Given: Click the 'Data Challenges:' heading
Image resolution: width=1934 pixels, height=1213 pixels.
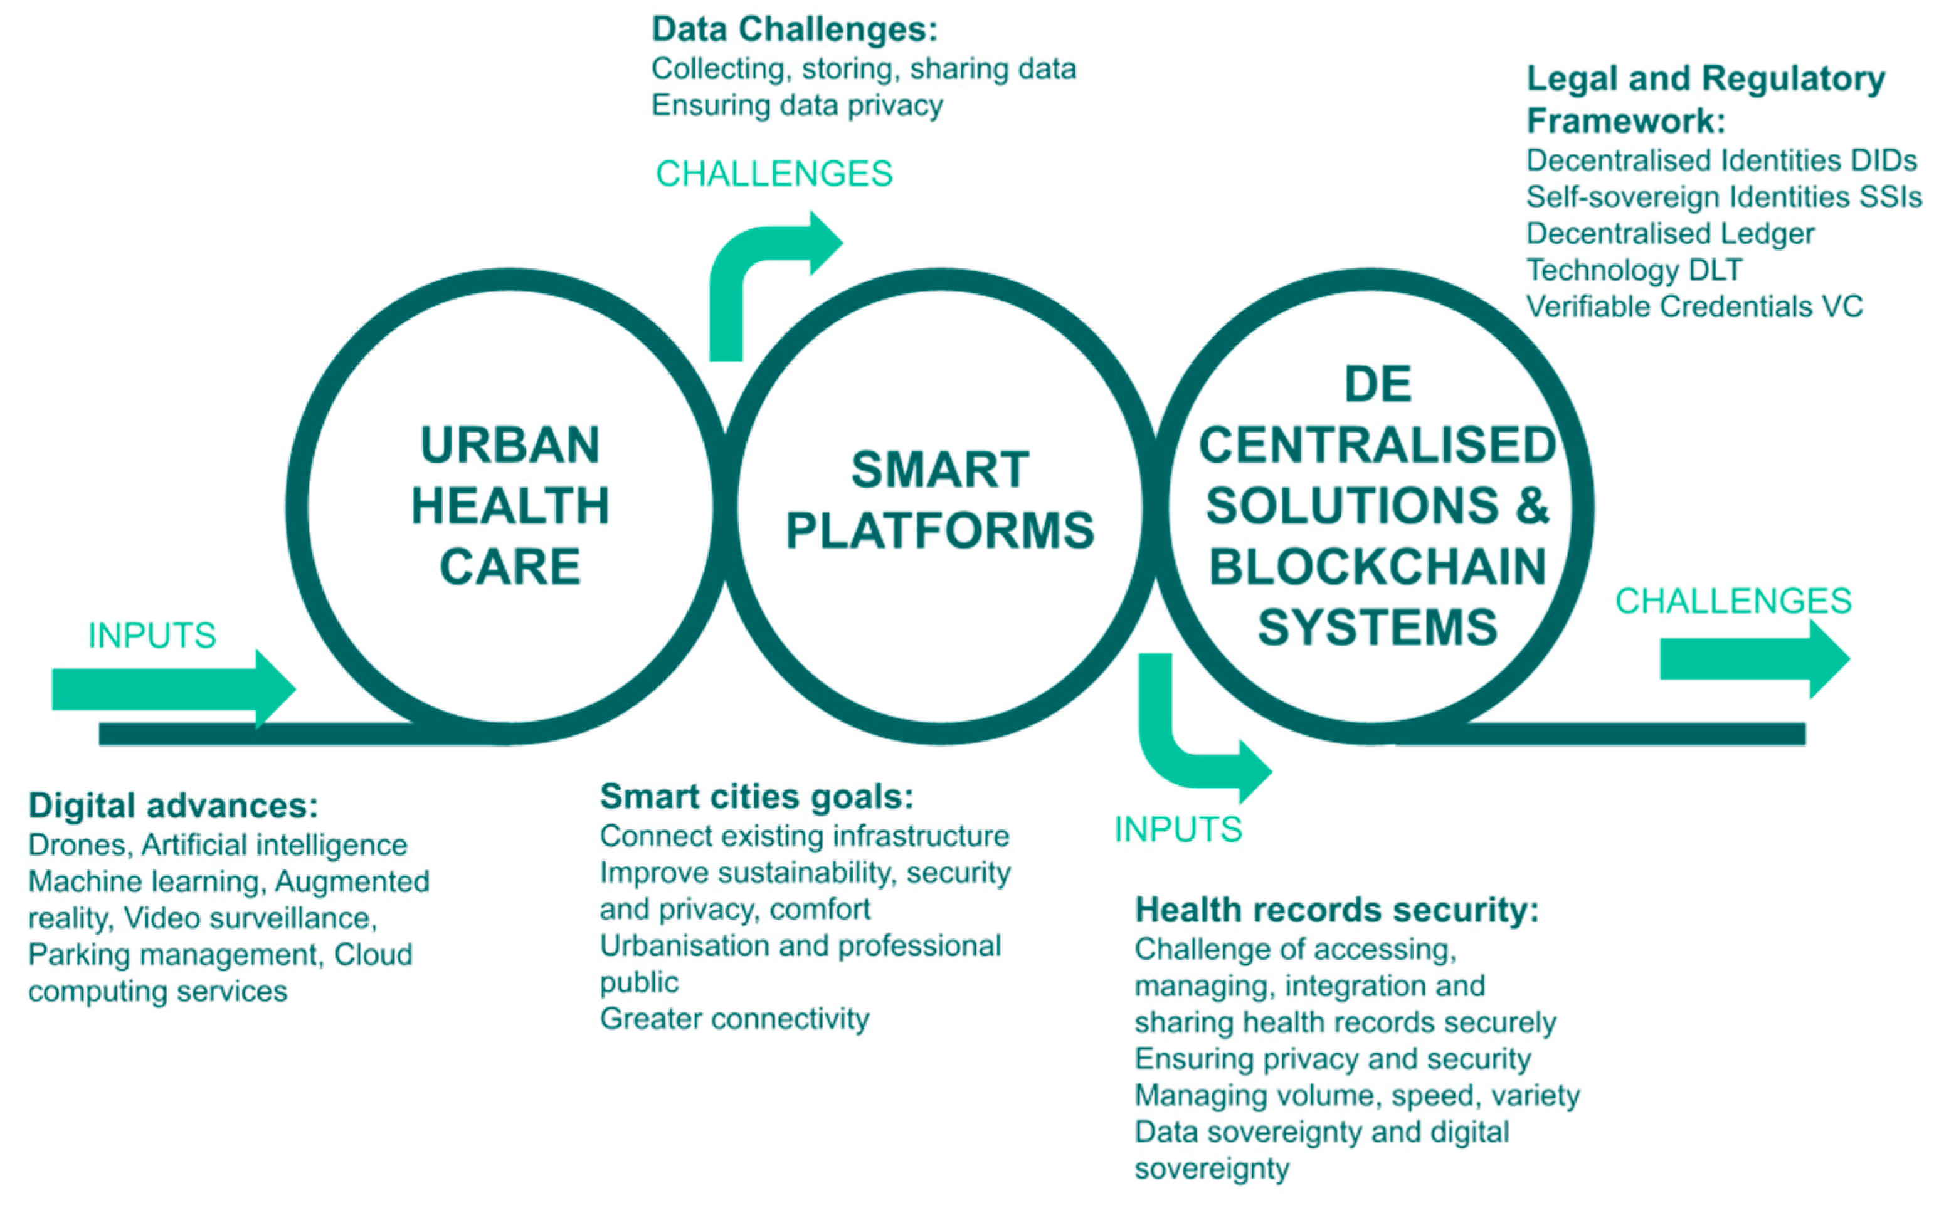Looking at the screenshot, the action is pyautogui.click(x=795, y=29).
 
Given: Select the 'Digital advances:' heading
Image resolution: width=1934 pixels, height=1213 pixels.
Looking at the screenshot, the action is pyautogui.click(x=173, y=806).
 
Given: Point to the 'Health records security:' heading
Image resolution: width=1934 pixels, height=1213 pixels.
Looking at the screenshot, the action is pyautogui.click(x=1337, y=910).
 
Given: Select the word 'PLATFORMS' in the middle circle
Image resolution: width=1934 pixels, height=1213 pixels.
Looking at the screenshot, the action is pyautogui.click(x=939, y=530).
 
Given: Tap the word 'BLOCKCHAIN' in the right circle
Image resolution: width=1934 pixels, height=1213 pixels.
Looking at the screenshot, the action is pyautogui.click(x=1377, y=567).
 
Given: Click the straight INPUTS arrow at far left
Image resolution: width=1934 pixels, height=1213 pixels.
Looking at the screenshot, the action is pyautogui.click(x=173, y=688).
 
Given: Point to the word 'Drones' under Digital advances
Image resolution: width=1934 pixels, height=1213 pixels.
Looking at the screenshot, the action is pyautogui.click(x=77, y=845).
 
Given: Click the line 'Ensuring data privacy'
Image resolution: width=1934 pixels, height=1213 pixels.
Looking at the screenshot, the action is pyautogui.click(x=797, y=105).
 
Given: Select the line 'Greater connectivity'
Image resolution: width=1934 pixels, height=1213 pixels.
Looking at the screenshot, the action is pyautogui.click(x=734, y=1019).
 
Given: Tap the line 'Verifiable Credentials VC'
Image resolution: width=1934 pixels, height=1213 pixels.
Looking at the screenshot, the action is pyautogui.click(x=1694, y=307).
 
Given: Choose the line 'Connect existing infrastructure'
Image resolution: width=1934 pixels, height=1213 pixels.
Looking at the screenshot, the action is pyautogui.click(x=804, y=836).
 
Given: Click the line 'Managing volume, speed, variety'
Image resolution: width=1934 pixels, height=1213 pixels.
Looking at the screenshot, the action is pyautogui.click(x=1357, y=1095).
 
